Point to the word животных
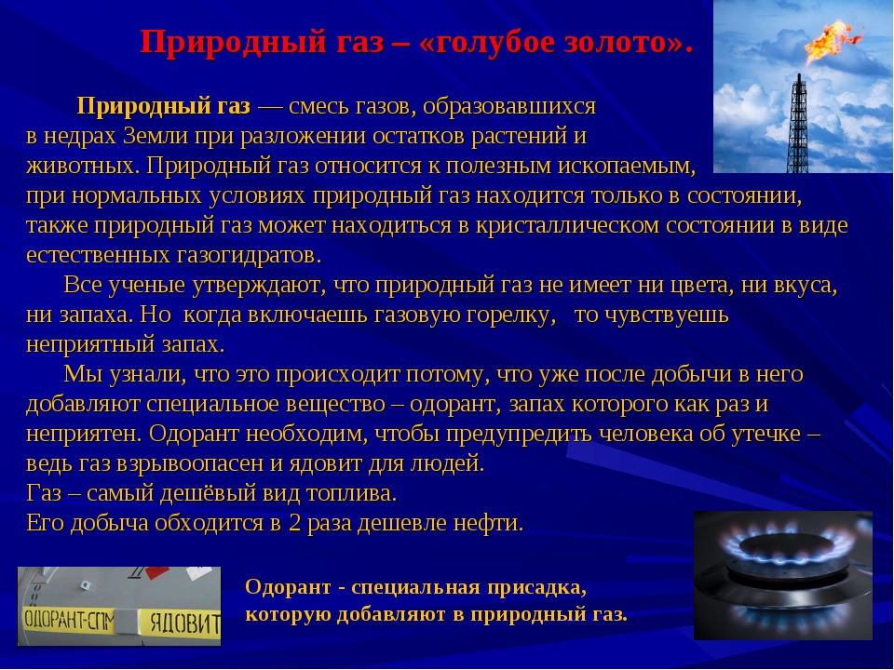[x=83, y=166]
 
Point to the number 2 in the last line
[x=294, y=523]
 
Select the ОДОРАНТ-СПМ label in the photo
[x=68, y=620]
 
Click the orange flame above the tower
[x=830, y=40]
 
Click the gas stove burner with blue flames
[x=783, y=575]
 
